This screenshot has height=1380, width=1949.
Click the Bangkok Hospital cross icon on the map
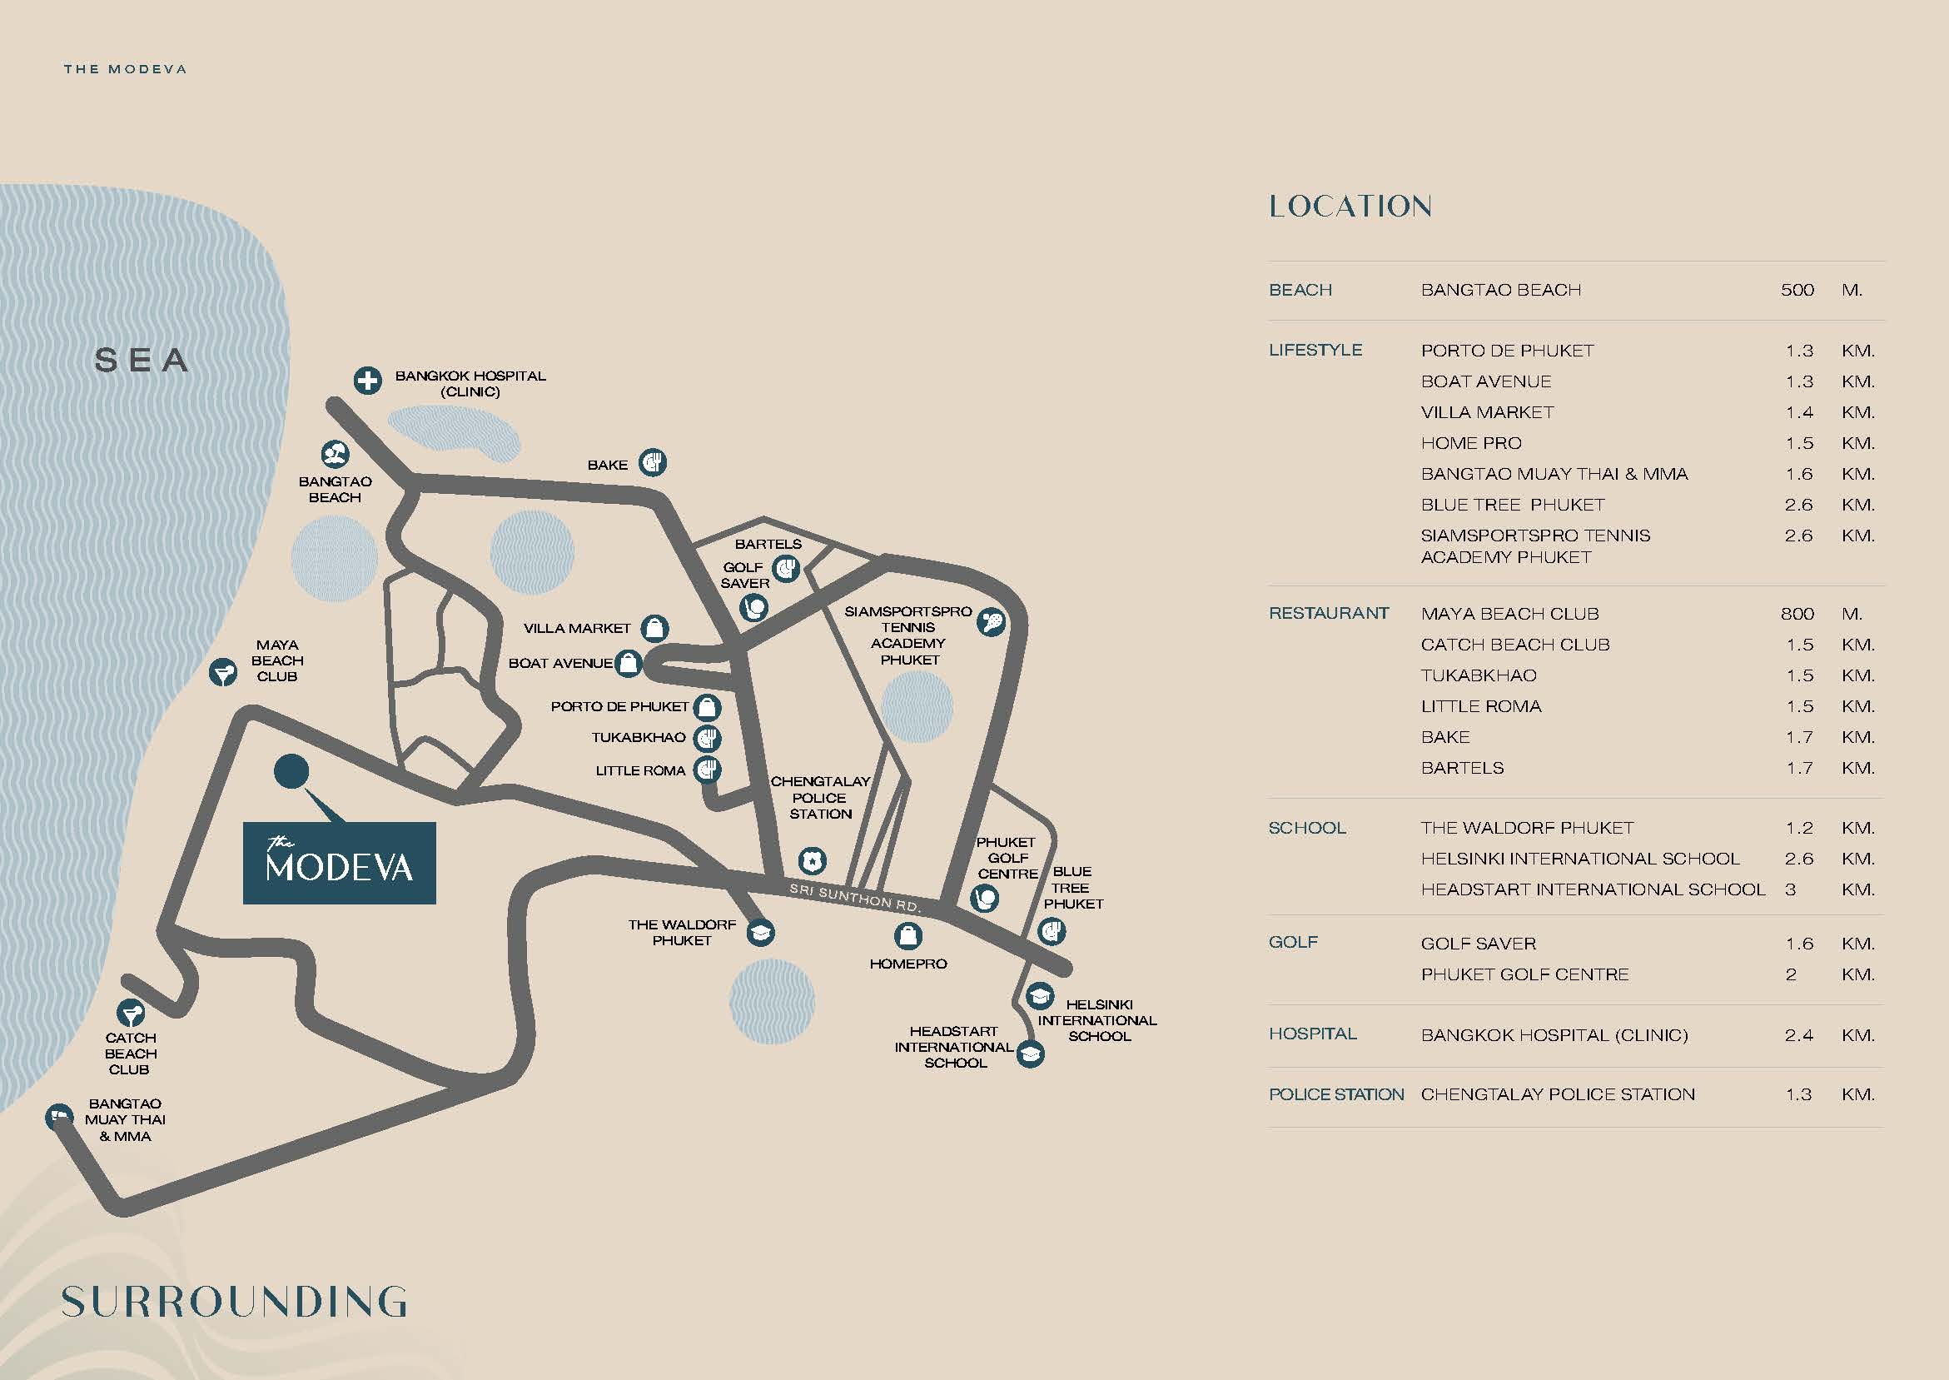point(368,381)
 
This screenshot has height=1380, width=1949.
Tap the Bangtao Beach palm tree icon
point(335,454)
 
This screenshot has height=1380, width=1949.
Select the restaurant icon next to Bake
point(652,463)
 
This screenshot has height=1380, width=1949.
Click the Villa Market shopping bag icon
point(654,628)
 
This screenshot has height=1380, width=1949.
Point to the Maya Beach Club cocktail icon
point(223,673)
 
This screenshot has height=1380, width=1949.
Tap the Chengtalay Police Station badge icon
point(813,861)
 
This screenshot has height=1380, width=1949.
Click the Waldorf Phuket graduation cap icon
point(760,932)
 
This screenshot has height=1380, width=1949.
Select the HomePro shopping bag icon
point(907,936)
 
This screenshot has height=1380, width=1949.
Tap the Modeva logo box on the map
point(340,863)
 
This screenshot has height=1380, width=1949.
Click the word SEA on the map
point(142,361)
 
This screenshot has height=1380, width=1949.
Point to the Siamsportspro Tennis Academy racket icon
point(991,623)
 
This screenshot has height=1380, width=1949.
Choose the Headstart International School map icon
point(1030,1054)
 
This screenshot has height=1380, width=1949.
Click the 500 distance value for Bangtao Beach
point(1797,290)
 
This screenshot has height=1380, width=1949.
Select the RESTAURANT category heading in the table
point(1329,614)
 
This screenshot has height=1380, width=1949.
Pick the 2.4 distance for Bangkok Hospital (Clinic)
point(1798,1035)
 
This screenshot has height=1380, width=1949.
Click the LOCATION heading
point(1350,207)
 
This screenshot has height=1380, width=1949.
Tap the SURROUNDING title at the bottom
point(235,1302)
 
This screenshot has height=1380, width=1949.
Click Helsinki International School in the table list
point(1580,859)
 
